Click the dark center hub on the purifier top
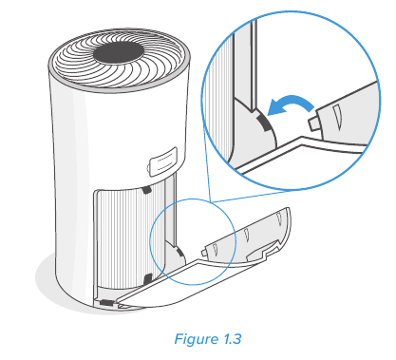coord(119,53)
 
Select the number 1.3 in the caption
coord(232,339)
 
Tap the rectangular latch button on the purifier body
coord(162,161)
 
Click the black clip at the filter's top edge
coord(146,189)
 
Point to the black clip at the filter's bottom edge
coord(148,278)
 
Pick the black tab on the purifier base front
coord(106,303)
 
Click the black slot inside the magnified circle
coord(264,123)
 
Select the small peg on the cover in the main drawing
coord(204,252)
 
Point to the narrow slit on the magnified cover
coord(337,118)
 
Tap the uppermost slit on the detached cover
coord(279,219)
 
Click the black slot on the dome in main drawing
coord(179,253)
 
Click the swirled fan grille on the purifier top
coord(119,59)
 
